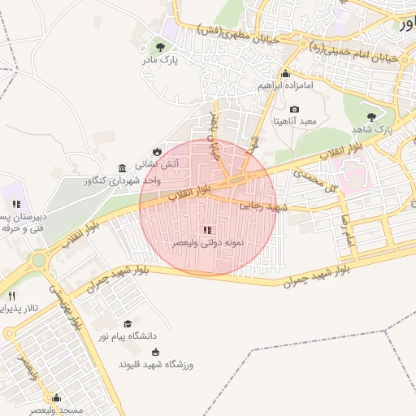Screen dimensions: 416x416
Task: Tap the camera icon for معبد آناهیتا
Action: (294, 109)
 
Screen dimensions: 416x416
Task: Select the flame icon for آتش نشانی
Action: (156, 151)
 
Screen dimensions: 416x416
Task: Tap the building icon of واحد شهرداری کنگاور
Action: (121, 167)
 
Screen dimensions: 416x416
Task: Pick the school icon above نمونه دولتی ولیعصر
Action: (207, 230)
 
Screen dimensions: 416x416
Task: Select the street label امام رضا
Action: (347, 232)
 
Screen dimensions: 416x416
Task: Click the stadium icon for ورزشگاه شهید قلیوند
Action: (155, 352)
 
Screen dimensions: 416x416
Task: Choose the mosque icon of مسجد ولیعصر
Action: (56, 398)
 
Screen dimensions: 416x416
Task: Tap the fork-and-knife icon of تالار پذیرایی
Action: (11, 296)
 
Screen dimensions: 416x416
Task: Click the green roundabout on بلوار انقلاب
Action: (38, 262)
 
